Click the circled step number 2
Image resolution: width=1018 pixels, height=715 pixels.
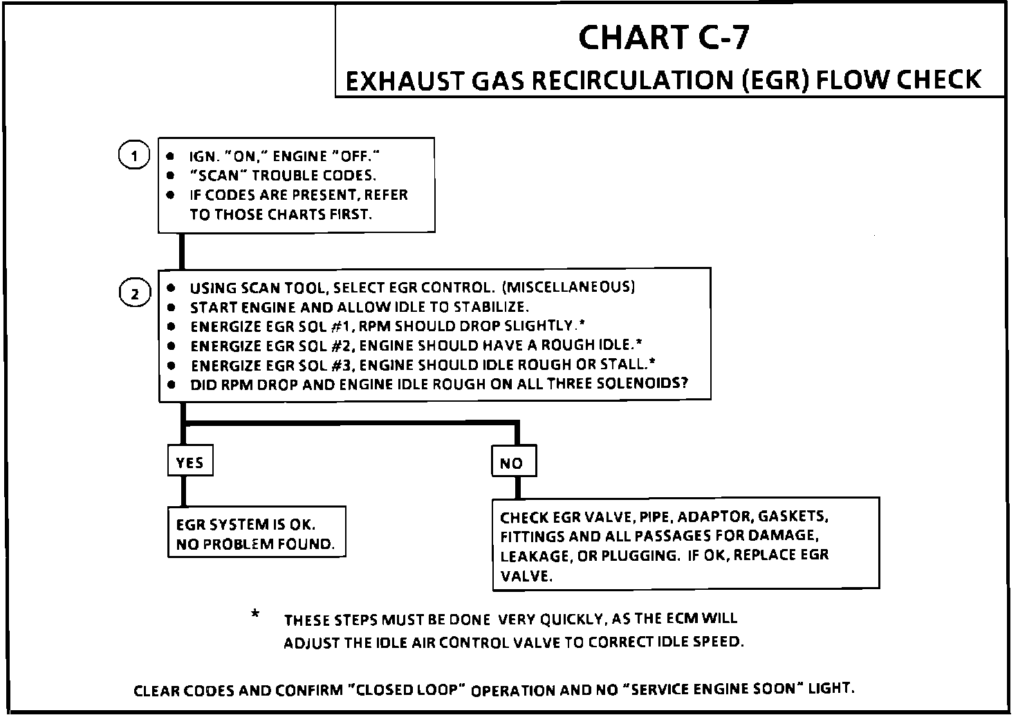click(x=135, y=294)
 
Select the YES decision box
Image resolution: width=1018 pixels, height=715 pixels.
click(x=190, y=463)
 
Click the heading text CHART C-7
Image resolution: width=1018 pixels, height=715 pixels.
click(x=663, y=37)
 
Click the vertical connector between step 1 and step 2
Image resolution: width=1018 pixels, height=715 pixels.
click(x=182, y=250)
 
